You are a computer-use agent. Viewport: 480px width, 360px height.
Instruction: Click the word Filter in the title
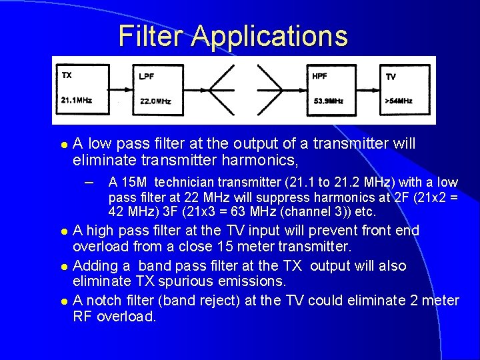point(151,36)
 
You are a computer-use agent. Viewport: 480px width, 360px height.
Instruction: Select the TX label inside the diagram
point(67,75)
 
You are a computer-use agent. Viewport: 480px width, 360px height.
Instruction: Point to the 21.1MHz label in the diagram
point(76,101)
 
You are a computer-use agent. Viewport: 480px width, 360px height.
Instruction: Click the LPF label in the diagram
point(147,77)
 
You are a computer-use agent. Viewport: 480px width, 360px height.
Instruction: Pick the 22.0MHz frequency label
point(156,101)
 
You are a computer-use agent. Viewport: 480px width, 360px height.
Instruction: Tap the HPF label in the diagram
point(319,76)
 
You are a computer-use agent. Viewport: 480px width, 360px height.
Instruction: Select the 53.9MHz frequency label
point(328,101)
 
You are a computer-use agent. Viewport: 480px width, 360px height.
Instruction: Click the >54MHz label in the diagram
point(399,101)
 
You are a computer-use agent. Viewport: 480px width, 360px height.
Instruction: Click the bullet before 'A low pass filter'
point(64,144)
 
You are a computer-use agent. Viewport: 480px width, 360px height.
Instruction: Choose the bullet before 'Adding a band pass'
point(64,267)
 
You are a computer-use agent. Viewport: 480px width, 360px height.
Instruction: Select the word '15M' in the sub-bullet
point(133,182)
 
